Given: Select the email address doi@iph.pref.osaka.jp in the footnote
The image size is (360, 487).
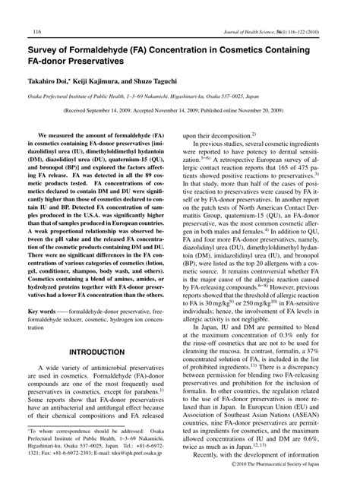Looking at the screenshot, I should coord(141,470).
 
